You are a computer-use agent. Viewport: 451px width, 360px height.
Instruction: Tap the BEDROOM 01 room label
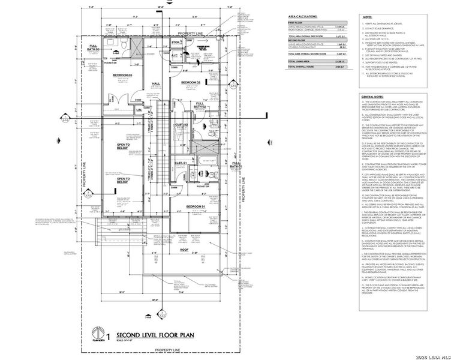196,206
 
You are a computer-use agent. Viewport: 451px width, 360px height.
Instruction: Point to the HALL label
155,83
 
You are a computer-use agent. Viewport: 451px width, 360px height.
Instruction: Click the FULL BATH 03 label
94,48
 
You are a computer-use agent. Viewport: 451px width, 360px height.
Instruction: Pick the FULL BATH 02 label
200,104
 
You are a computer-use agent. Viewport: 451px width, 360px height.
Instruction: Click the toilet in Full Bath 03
121,46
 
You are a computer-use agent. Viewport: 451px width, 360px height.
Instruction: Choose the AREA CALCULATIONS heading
302,19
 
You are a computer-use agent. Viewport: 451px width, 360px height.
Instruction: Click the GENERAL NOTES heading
372,97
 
